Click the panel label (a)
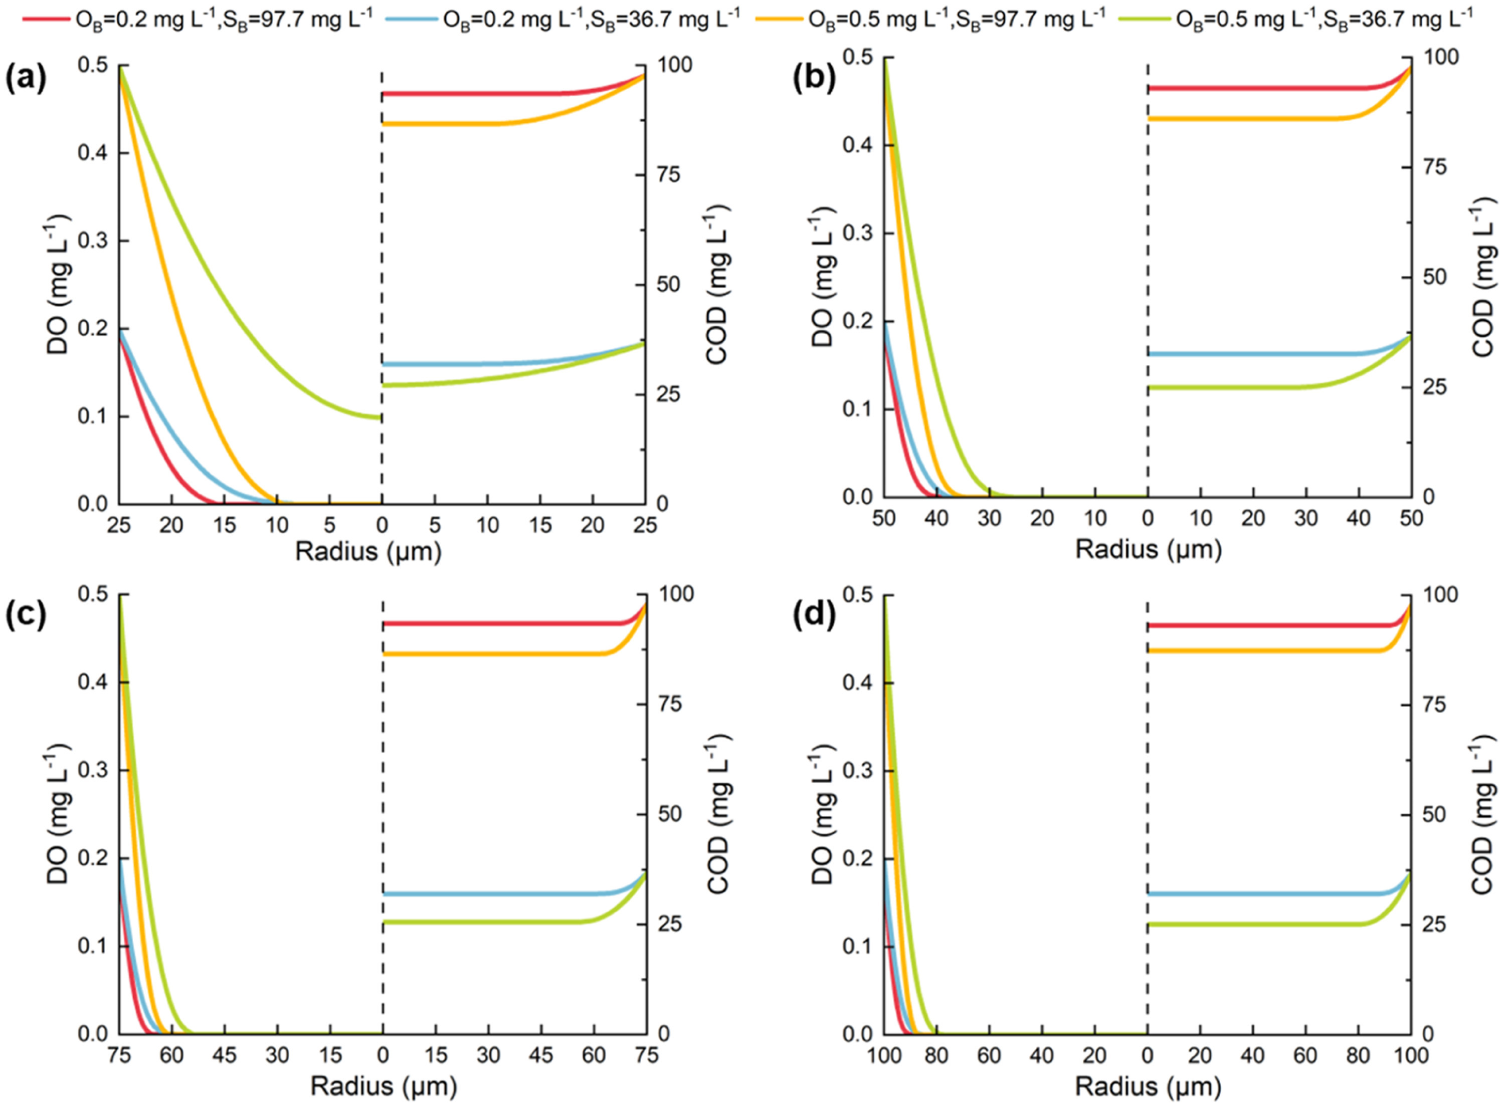click(26, 79)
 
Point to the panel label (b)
click(814, 79)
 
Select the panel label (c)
click(26, 616)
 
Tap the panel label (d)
click(814, 616)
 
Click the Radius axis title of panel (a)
click(368, 551)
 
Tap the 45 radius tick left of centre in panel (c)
click(225, 1055)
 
